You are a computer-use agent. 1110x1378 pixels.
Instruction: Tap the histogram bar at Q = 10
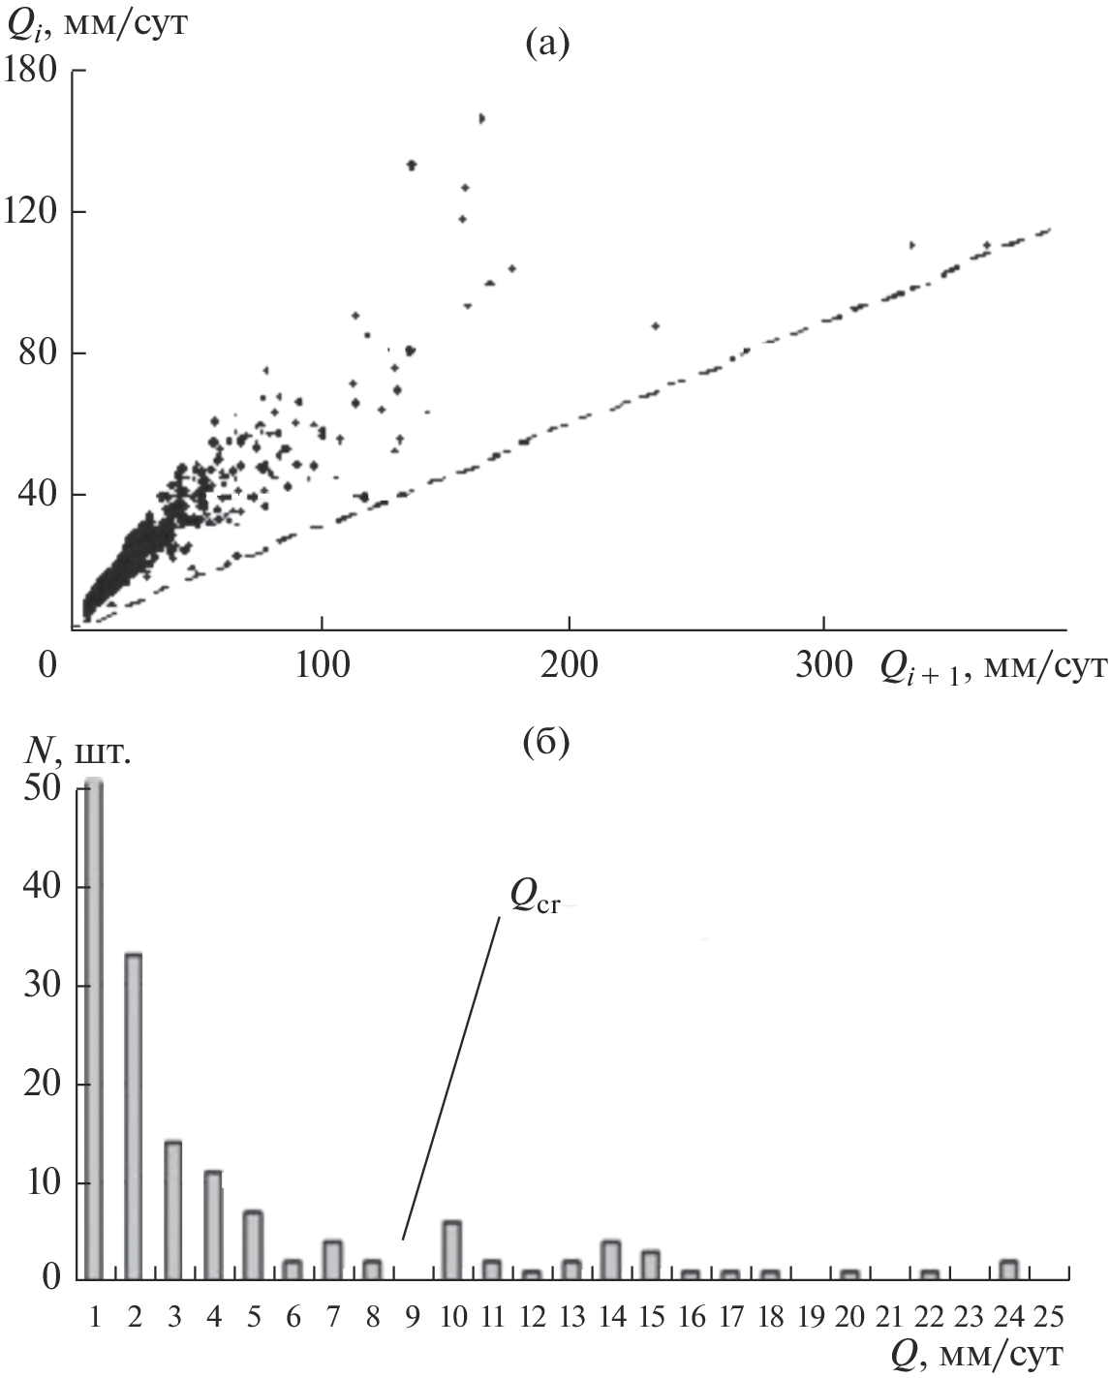[451, 1249]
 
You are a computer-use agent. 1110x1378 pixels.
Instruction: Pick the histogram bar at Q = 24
[1008, 1269]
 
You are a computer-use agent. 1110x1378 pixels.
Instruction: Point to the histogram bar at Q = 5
[253, 1244]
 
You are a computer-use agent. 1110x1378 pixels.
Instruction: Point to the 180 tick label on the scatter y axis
[32, 71]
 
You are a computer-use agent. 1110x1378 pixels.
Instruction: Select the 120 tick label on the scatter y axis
[32, 212]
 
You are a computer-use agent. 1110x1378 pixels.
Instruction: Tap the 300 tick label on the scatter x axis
[822, 665]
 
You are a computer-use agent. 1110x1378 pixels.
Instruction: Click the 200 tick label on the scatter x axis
[569, 665]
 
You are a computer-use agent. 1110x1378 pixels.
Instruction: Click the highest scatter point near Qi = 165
[481, 118]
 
